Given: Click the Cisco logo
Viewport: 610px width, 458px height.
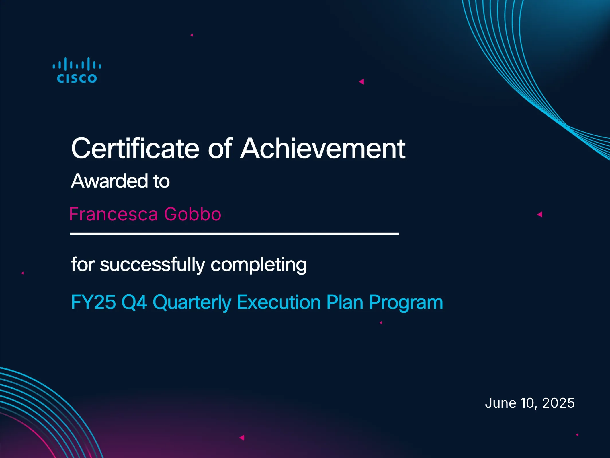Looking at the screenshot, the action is click(x=77, y=70).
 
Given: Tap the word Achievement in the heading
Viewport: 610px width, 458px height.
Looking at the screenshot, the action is click(x=323, y=148).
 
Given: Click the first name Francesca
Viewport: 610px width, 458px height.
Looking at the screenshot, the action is click(x=114, y=214).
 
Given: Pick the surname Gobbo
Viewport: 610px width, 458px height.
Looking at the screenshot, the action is click(x=193, y=214).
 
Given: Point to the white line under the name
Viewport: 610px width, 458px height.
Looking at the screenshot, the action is click(x=234, y=234).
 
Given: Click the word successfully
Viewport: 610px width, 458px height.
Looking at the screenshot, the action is click(x=152, y=265).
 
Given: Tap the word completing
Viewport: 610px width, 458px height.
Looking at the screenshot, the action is click(x=259, y=265).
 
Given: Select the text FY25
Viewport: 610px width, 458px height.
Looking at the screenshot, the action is click(x=93, y=302).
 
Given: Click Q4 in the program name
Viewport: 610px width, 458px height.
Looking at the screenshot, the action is click(x=134, y=302).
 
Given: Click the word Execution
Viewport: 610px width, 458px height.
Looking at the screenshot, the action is click(x=279, y=302).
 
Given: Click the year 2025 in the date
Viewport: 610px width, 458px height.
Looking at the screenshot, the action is click(x=558, y=403).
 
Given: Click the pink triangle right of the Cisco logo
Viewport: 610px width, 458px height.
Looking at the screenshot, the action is click(x=361, y=82).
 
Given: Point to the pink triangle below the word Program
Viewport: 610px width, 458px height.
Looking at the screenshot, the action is click(x=381, y=323).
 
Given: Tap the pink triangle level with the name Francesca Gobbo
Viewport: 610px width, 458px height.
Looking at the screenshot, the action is click(x=540, y=214).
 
